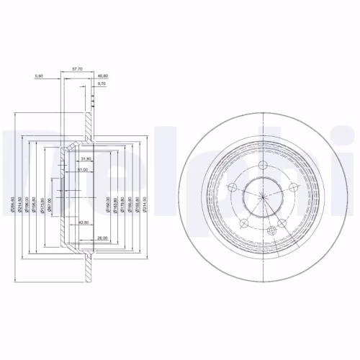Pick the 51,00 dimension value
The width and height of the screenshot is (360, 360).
pyautogui.click(x=82, y=169)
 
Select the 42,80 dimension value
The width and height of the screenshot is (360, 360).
pyautogui.click(x=84, y=222)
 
